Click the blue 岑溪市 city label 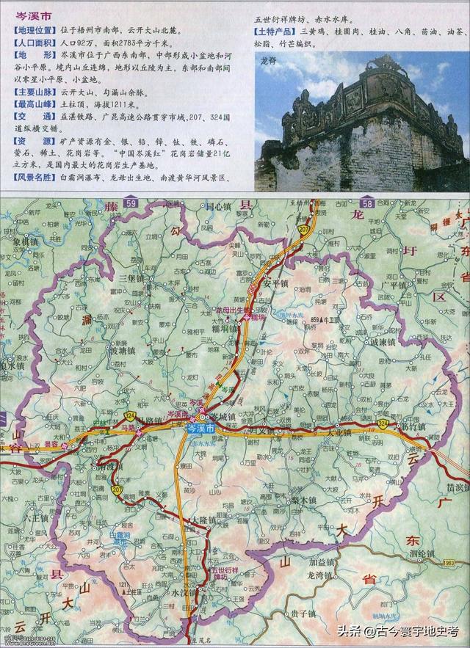pos(201,427)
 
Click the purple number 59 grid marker pos(131,203)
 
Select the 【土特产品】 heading pos(275,32)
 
